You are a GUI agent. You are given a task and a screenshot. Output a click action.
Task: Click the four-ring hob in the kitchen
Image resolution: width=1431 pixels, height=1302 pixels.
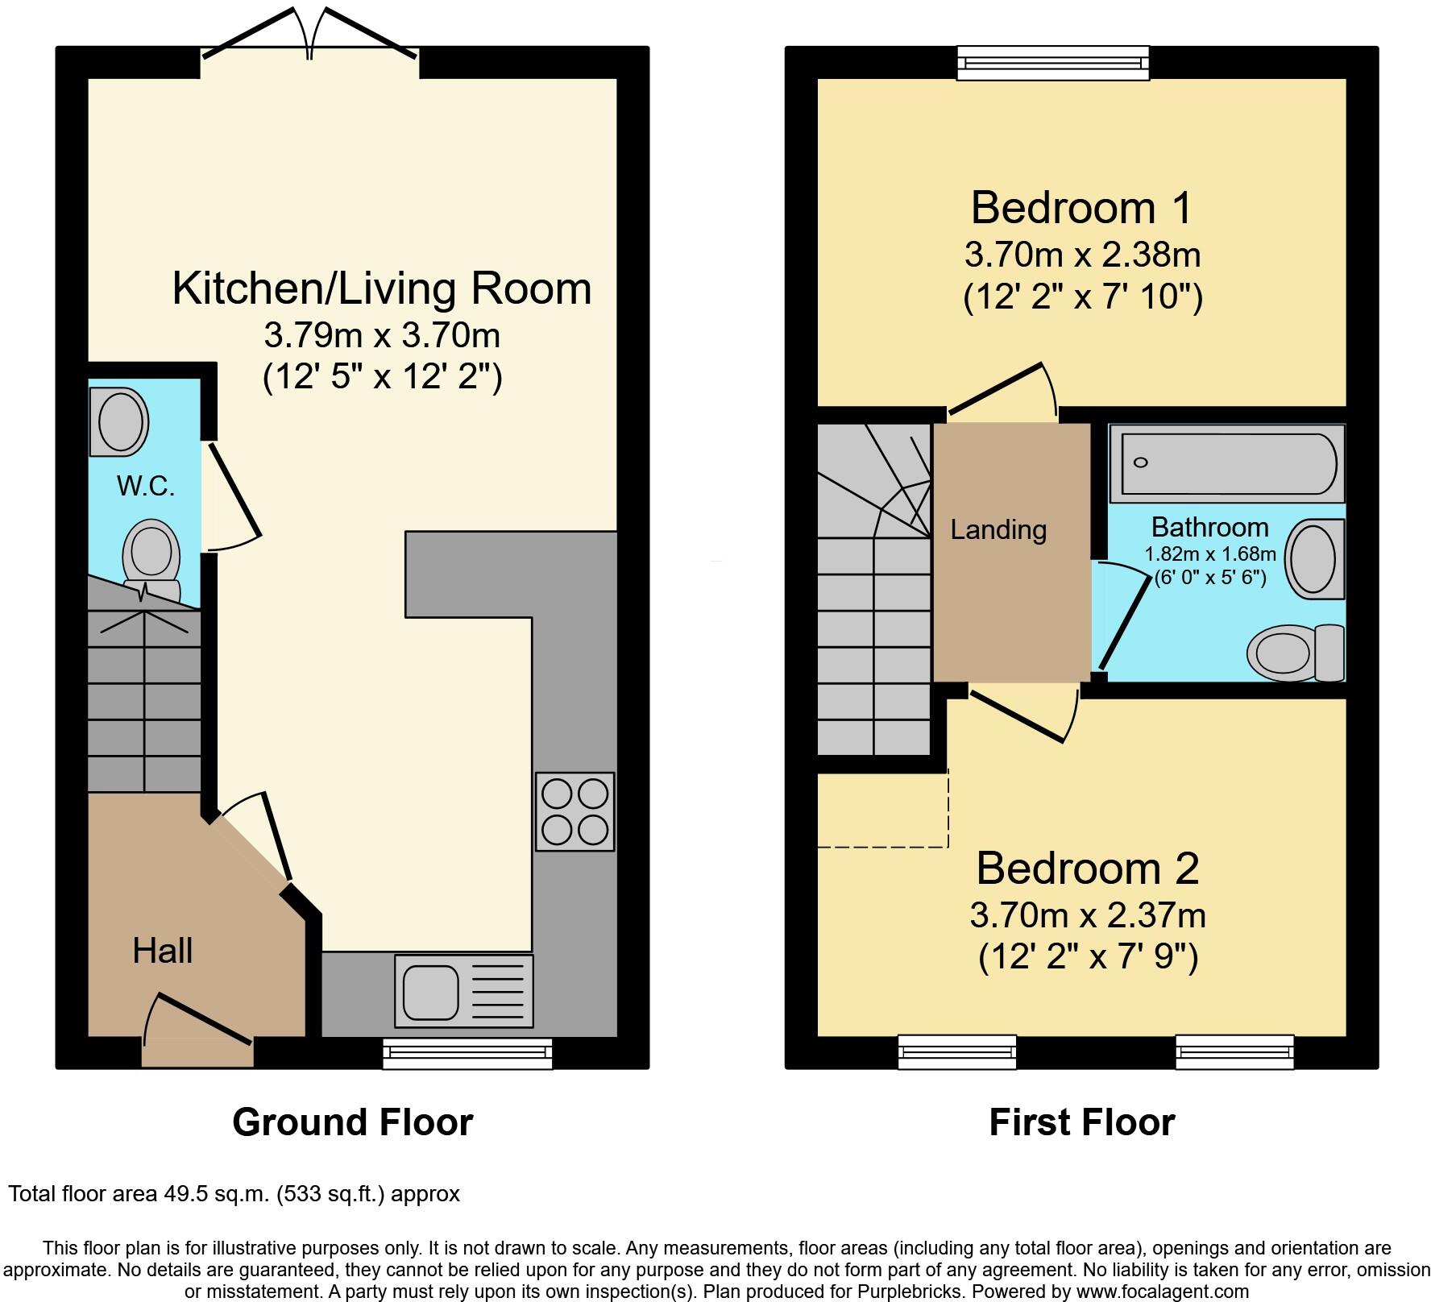click(574, 811)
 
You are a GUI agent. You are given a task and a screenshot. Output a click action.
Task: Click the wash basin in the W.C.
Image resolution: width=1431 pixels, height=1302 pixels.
click(119, 421)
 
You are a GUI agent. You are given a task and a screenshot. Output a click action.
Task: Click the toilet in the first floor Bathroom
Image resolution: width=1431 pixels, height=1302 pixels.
click(1295, 651)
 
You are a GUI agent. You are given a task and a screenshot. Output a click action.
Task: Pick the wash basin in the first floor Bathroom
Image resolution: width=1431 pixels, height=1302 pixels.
click(1314, 558)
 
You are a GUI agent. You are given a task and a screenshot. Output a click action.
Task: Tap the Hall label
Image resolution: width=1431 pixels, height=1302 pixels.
click(162, 951)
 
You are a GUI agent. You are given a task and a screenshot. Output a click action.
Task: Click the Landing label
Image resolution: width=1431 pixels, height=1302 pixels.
click(998, 529)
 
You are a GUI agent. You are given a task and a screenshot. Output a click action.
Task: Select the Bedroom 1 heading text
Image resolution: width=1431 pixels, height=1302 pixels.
click(1081, 208)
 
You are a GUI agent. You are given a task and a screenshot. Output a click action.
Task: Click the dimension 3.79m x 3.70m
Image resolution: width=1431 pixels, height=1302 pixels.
click(382, 335)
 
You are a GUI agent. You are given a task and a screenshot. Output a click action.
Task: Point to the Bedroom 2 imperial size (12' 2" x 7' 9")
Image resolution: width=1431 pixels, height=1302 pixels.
click(1088, 957)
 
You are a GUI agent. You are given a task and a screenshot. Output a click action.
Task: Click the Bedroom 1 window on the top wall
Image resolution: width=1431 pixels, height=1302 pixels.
click(1053, 64)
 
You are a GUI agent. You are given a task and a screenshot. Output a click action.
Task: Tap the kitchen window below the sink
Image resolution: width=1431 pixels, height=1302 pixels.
click(467, 1053)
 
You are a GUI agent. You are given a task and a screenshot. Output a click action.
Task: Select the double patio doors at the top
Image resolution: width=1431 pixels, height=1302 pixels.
click(310, 36)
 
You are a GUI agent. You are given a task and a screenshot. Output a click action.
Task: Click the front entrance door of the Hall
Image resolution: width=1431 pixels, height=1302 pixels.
click(197, 1031)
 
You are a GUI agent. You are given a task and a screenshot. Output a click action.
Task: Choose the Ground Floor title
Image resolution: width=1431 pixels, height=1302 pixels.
click(352, 1122)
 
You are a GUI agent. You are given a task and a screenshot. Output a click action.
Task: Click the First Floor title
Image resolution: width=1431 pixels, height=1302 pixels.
click(1081, 1122)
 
